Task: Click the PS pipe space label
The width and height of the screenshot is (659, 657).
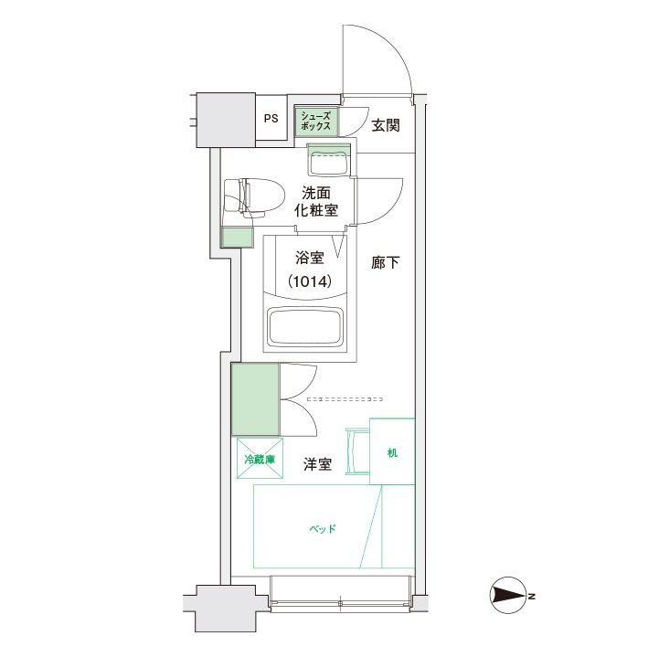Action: coord(271,119)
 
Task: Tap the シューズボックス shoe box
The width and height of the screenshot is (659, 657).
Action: coord(316,121)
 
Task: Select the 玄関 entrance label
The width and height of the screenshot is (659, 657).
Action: coord(386,125)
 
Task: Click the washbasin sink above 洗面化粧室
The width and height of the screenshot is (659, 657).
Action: coord(329,160)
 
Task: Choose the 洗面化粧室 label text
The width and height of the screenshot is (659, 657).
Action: coord(316,202)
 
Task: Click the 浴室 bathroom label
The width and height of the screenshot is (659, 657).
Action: coord(309,258)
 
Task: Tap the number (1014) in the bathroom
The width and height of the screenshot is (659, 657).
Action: coord(310,281)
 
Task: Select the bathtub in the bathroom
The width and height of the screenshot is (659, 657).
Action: coord(305,327)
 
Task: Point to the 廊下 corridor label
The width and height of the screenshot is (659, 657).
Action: coord(385,262)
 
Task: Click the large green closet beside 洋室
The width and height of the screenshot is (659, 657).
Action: coord(256,399)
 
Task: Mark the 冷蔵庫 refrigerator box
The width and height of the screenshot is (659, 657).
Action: coord(260,459)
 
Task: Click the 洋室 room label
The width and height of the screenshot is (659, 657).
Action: coord(318,464)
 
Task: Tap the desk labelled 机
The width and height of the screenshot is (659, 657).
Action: coord(392,451)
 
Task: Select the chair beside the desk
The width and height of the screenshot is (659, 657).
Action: coord(357,451)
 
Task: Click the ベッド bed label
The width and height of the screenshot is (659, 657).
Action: coord(323,528)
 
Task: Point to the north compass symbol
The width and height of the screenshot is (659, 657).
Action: coord(508,595)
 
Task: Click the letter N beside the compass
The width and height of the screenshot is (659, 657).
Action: coord(532,596)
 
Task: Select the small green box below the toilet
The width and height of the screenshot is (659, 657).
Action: coord(238,238)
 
